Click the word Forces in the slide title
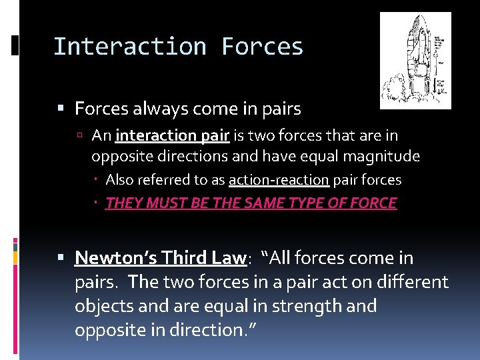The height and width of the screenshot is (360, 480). coord(262,47)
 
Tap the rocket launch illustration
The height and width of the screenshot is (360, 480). coord(415,60)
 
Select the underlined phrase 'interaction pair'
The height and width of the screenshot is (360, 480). coord(173,136)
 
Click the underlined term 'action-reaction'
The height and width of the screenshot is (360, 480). coord(279,180)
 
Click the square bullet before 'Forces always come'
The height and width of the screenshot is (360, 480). coord(61,108)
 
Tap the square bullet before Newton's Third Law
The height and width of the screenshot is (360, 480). coord(61,258)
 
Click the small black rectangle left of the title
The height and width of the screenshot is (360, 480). coord(15,46)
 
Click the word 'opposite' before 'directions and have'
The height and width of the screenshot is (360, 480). coord(118,156)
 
